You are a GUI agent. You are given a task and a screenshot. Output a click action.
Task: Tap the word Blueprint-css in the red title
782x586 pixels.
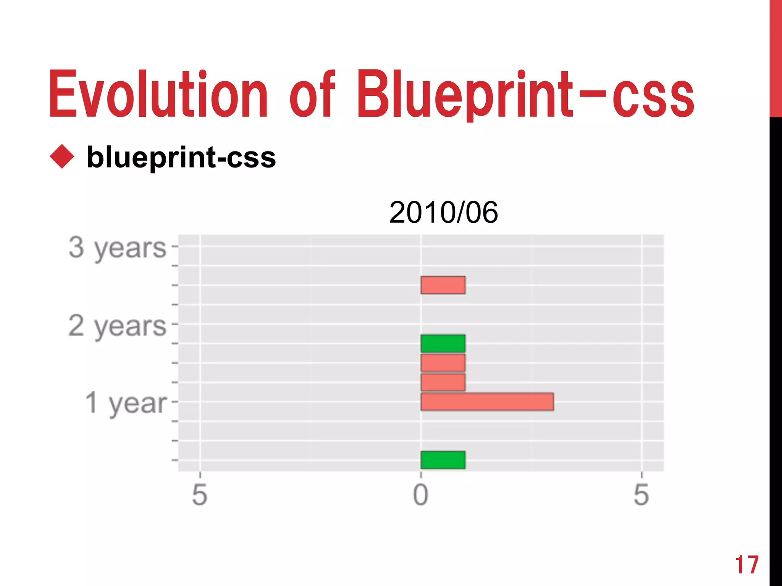coord(525,94)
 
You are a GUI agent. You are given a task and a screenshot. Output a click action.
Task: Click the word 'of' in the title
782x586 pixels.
coord(312,94)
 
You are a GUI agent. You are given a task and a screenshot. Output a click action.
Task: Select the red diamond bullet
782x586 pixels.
coord(62,156)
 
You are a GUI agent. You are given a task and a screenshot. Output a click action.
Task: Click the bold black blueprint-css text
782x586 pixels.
coord(181,157)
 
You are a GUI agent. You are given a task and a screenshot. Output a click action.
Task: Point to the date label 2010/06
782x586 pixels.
coord(443,213)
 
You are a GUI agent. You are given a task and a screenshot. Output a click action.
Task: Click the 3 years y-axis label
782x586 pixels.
coord(118,248)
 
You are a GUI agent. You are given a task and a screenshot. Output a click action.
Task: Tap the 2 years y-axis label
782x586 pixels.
coord(118,326)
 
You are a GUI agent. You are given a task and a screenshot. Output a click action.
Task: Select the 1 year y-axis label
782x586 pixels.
coord(126,403)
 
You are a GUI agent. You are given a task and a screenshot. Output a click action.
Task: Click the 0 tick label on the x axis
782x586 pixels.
coord(421,495)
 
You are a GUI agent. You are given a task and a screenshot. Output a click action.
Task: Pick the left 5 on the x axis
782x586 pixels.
coord(200,495)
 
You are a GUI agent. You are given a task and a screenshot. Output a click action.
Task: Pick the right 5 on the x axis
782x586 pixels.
coord(641,495)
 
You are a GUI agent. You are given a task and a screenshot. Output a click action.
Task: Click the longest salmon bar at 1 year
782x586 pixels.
coord(487,402)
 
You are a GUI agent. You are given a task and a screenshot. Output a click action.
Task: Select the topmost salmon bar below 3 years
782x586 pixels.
coord(443,285)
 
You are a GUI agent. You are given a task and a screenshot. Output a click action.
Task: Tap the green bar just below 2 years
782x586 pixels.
coord(443,343)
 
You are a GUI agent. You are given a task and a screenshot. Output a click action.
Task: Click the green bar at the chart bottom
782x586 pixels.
coord(443,460)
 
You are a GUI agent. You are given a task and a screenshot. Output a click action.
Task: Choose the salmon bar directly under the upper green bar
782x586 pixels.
coord(443,363)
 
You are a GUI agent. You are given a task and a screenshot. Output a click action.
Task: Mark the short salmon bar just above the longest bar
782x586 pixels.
coord(443,382)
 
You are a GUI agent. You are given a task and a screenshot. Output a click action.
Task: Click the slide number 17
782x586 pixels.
coord(746,565)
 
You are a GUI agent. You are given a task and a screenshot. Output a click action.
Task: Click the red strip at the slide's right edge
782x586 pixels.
coord(776,57)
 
